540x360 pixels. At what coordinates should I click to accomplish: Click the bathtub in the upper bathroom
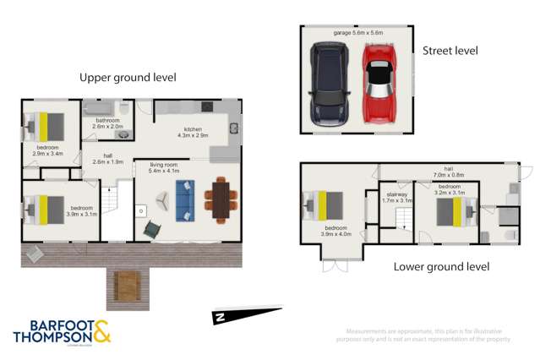(x=101, y=110)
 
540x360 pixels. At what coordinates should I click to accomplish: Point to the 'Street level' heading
(x=450, y=51)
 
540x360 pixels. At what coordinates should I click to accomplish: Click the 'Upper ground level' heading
(x=128, y=77)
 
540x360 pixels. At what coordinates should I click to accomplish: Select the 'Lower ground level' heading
(x=442, y=267)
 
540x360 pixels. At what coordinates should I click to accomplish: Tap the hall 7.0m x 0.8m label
(x=446, y=173)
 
